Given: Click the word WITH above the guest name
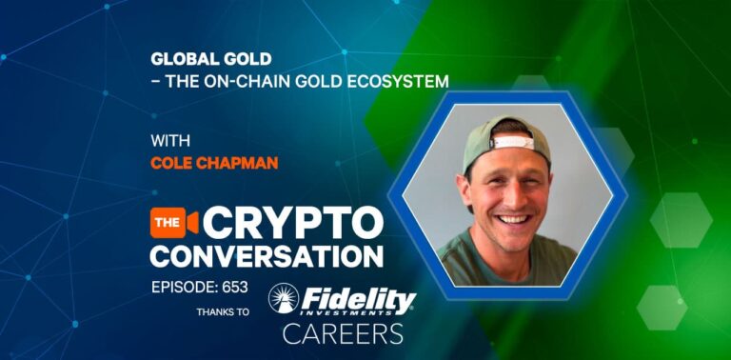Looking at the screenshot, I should (170, 141).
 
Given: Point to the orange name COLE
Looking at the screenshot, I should (170, 163).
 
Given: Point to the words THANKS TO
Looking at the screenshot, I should (224, 311).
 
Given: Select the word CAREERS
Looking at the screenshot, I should (343, 332).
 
